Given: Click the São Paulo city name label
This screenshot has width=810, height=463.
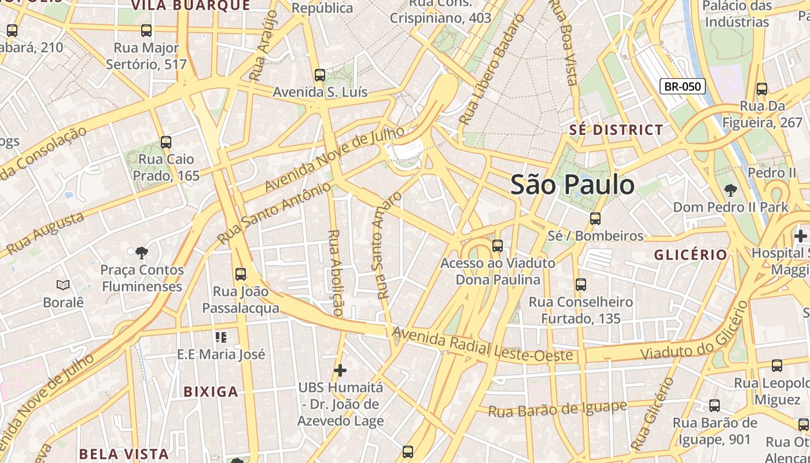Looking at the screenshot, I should [572, 185].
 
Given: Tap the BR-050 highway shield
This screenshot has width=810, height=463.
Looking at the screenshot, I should [682, 87].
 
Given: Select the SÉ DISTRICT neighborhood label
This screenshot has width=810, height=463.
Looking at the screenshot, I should [616, 130].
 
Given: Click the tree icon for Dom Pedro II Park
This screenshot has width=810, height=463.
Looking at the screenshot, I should [731, 190].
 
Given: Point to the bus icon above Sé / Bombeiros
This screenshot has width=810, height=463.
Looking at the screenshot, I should [595, 219].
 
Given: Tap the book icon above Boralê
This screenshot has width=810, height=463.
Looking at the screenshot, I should [63, 285].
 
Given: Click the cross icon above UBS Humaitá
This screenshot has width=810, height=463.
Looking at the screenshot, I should [340, 369].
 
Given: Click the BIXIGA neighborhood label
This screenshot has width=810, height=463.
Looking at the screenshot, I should [211, 392].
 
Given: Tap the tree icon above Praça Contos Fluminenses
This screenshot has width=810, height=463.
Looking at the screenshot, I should [141, 252].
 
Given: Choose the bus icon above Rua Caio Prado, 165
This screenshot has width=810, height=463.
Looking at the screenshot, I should [166, 142].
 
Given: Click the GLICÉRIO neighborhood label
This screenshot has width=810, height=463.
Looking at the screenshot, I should [690, 255].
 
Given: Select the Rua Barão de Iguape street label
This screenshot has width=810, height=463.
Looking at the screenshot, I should [558, 409].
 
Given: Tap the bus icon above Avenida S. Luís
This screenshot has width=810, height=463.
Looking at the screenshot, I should [319, 75].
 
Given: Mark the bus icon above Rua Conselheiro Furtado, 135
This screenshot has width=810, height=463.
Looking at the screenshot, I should [581, 285].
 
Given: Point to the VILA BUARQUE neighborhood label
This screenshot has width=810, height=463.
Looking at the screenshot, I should [190, 6].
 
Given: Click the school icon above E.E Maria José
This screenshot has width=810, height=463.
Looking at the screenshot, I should [220, 337].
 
